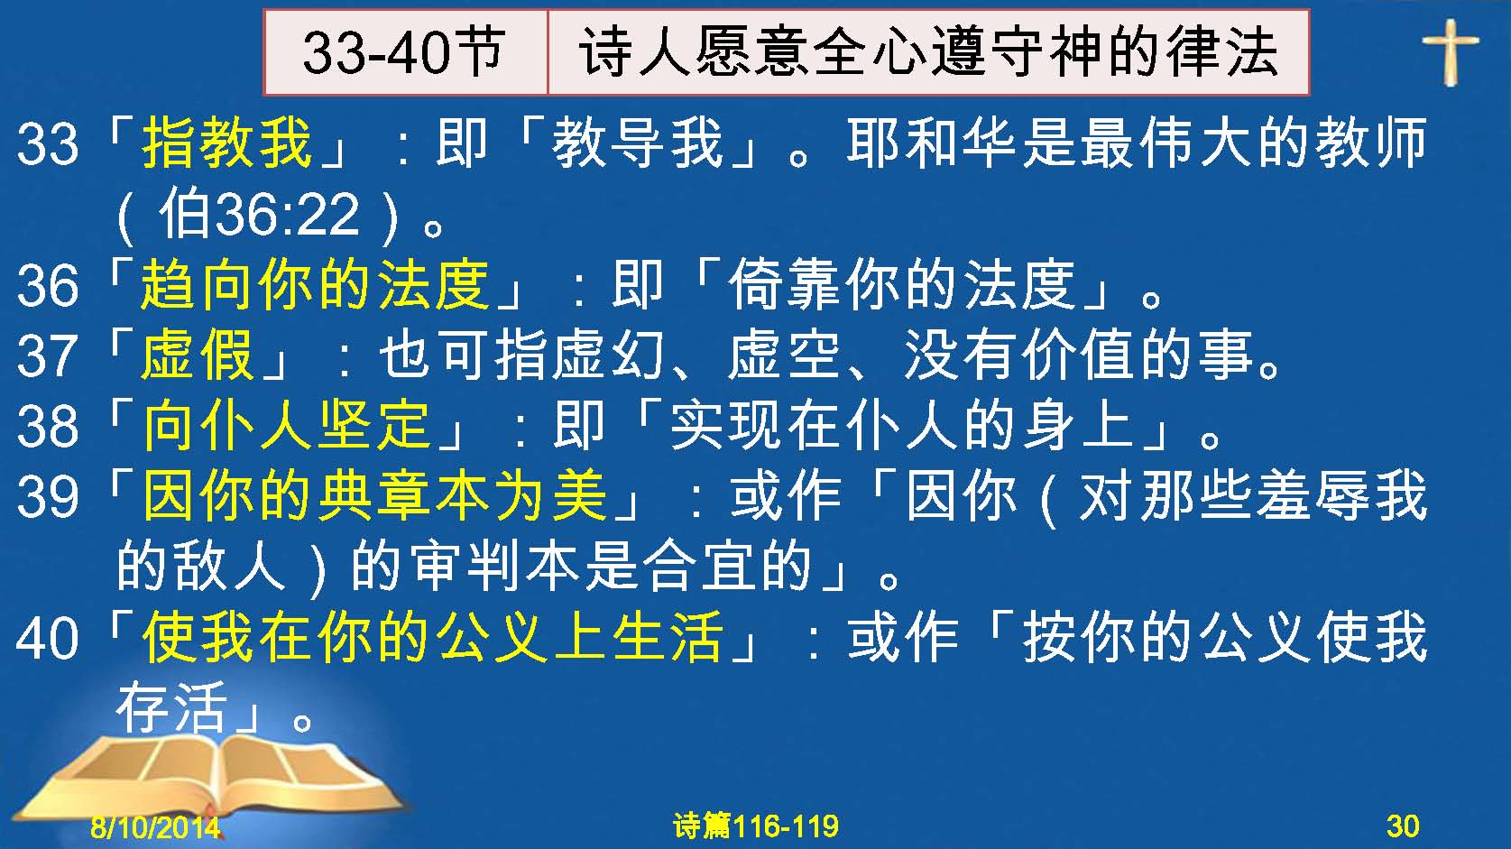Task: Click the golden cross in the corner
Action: tap(1451, 51)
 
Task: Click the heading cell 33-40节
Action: tap(405, 52)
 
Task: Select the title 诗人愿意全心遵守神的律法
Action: tap(928, 52)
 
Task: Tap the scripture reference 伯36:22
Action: tap(259, 215)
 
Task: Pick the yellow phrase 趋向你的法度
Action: tap(315, 284)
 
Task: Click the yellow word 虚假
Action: tap(198, 355)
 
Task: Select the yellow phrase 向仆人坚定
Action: tap(286, 425)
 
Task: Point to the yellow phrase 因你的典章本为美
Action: tap(374, 496)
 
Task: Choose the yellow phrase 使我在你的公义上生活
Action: tap(432, 636)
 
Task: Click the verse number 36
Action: tap(47, 285)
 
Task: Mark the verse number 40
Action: tap(47, 638)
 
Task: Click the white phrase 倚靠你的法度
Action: tap(902, 284)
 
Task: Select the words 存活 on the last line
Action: tap(172, 707)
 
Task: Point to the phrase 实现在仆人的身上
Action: tap(900, 425)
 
